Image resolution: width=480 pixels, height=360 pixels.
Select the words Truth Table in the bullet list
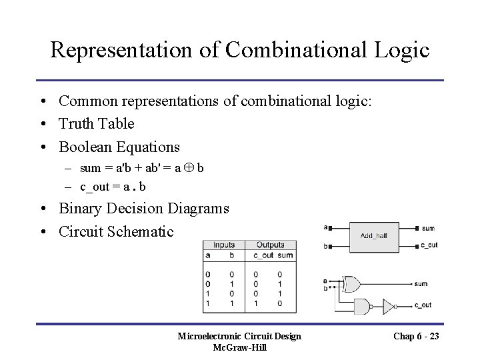point(96,123)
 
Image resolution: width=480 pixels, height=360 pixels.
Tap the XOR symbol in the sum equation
point(187,167)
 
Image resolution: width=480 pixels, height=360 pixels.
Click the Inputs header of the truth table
point(224,245)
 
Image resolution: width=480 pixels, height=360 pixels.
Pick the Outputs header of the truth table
point(270,245)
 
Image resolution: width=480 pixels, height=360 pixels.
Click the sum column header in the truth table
point(285,255)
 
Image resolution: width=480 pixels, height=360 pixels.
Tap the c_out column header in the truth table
point(263,255)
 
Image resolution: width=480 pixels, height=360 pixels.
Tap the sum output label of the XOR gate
point(421,284)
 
